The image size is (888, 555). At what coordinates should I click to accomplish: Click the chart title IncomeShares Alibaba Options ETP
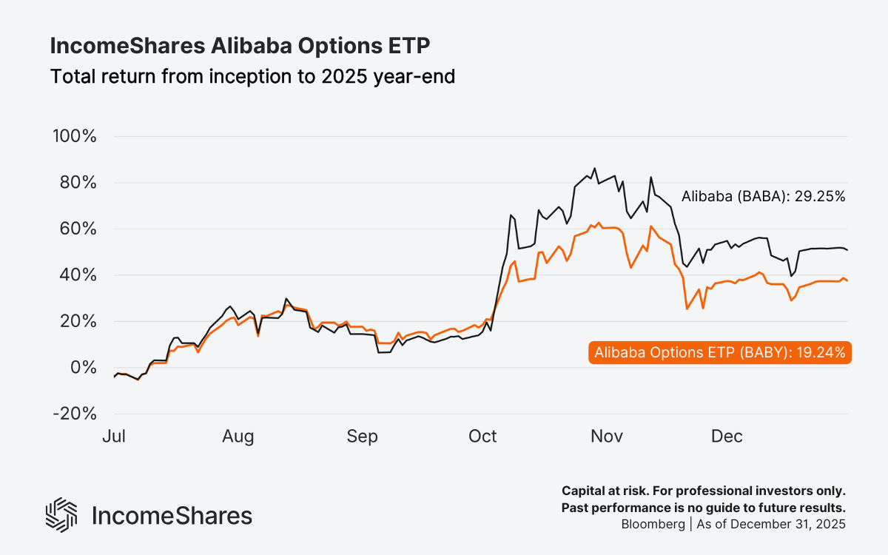click(240, 46)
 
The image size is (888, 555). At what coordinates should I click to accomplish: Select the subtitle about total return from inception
click(252, 76)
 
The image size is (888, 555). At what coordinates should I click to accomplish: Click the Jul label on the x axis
click(114, 437)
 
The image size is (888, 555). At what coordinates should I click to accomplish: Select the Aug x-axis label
click(238, 437)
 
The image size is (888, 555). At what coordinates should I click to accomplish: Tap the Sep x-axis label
click(362, 437)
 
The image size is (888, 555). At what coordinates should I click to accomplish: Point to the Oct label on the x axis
click(482, 437)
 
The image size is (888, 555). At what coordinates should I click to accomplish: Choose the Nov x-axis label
click(606, 437)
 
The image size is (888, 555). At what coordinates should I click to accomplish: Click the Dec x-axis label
click(727, 437)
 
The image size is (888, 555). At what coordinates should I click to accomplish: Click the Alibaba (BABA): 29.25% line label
click(762, 197)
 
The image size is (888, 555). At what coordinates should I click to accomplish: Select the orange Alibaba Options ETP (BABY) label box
click(720, 353)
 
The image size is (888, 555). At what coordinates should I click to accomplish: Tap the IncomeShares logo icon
click(61, 515)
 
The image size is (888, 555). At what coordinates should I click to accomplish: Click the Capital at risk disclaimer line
click(703, 491)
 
